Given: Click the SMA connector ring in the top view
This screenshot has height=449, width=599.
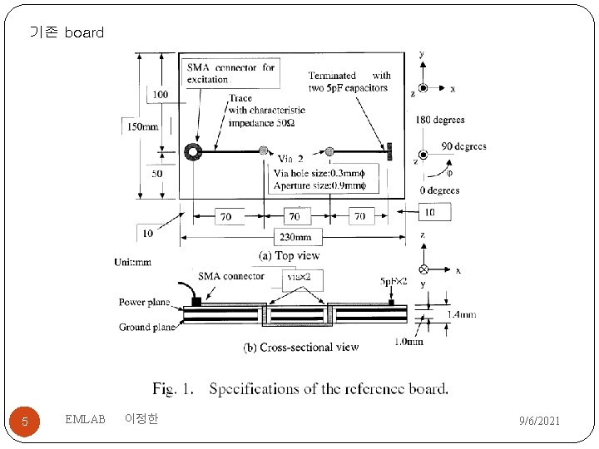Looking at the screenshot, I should point(192,151).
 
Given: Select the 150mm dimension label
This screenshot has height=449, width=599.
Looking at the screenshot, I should point(141,126).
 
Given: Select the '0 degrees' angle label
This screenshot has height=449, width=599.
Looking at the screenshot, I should point(439,190).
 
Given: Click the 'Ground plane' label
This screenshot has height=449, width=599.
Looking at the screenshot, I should point(146,327).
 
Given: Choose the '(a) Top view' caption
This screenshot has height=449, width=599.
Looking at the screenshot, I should point(289,255).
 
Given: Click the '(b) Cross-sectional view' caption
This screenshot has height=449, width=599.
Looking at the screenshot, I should point(300,348).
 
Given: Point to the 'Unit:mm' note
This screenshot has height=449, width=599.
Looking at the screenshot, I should point(133,263).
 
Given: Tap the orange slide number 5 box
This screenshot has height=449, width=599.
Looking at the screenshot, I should point(25,422).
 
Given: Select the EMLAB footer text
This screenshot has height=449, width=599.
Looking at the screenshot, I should point(85,420).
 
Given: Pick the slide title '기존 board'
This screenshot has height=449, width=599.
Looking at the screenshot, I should point(67,33).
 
